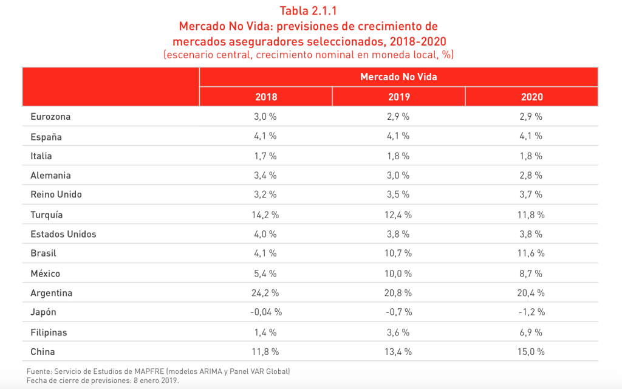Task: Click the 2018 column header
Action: (x=266, y=97)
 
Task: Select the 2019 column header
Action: (x=398, y=97)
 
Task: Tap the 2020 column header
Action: (x=531, y=97)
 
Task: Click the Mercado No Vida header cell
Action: (x=398, y=77)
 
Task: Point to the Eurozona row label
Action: (x=51, y=117)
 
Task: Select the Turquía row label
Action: (x=47, y=215)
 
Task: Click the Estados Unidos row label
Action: (x=63, y=234)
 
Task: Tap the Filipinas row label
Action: (x=49, y=332)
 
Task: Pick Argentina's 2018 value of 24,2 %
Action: (x=266, y=293)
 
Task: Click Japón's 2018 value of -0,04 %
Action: (x=266, y=312)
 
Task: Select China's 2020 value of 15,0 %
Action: (x=531, y=352)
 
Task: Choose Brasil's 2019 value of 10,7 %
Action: (x=398, y=253)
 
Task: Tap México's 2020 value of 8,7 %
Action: (x=531, y=274)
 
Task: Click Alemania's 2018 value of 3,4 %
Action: (x=266, y=176)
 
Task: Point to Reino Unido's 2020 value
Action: (x=531, y=195)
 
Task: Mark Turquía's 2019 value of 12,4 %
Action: (x=398, y=215)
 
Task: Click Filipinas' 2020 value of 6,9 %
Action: (x=531, y=332)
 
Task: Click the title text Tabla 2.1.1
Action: (x=309, y=10)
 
